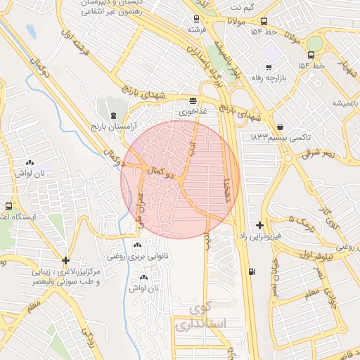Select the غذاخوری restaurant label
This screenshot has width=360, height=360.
coord(193,112)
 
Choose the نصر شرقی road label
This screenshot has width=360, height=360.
coord(321,153)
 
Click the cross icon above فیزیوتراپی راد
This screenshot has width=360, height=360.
coord(260,226)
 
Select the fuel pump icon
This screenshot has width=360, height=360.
coord(252,271)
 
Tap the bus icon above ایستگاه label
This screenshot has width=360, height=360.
coord(8,207)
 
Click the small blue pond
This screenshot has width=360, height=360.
coord(30,31)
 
